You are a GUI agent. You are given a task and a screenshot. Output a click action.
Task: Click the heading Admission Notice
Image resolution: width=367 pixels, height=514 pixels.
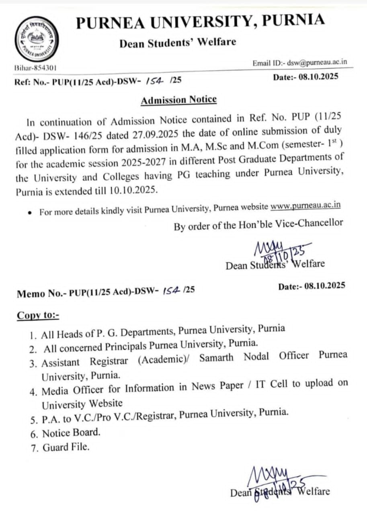pyautogui.click(x=178, y=100)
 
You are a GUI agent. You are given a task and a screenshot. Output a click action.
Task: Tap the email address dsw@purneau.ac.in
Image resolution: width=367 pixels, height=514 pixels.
pyautogui.click(x=317, y=63)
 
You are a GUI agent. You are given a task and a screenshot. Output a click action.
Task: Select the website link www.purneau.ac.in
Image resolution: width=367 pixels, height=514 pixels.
pyautogui.click(x=305, y=206)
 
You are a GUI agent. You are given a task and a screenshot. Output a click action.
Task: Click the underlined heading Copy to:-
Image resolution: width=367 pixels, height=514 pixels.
pyautogui.click(x=38, y=315)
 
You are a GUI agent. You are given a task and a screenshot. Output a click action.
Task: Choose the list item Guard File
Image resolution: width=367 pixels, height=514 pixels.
pyautogui.click(x=66, y=447)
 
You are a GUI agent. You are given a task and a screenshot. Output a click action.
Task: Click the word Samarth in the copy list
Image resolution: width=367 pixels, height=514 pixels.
pyautogui.click(x=216, y=357)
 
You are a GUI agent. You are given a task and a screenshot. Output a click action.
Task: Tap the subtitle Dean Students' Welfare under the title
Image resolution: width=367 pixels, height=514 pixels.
pyautogui.click(x=177, y=42)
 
